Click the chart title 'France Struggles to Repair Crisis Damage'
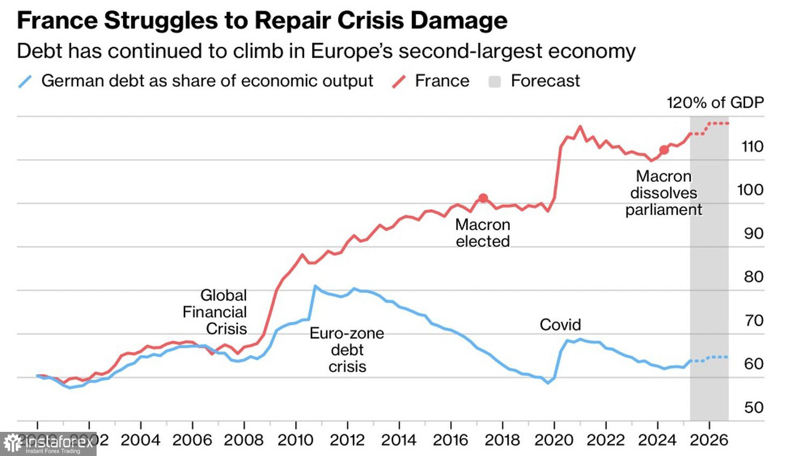262,21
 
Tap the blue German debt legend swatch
25,82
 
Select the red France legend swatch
399,82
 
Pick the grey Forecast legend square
495,82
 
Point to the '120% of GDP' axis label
715,102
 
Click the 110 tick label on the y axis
752,146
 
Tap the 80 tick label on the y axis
753,277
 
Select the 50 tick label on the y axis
753,407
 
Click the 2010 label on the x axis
295,440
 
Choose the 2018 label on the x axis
502,440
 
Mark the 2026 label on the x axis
709,440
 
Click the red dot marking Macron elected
483,198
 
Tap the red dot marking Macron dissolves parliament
664,150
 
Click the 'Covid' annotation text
560,325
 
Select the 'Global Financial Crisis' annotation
216,312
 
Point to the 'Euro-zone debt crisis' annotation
347,350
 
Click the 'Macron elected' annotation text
482,233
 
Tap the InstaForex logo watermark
48,444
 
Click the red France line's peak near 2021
580,127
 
